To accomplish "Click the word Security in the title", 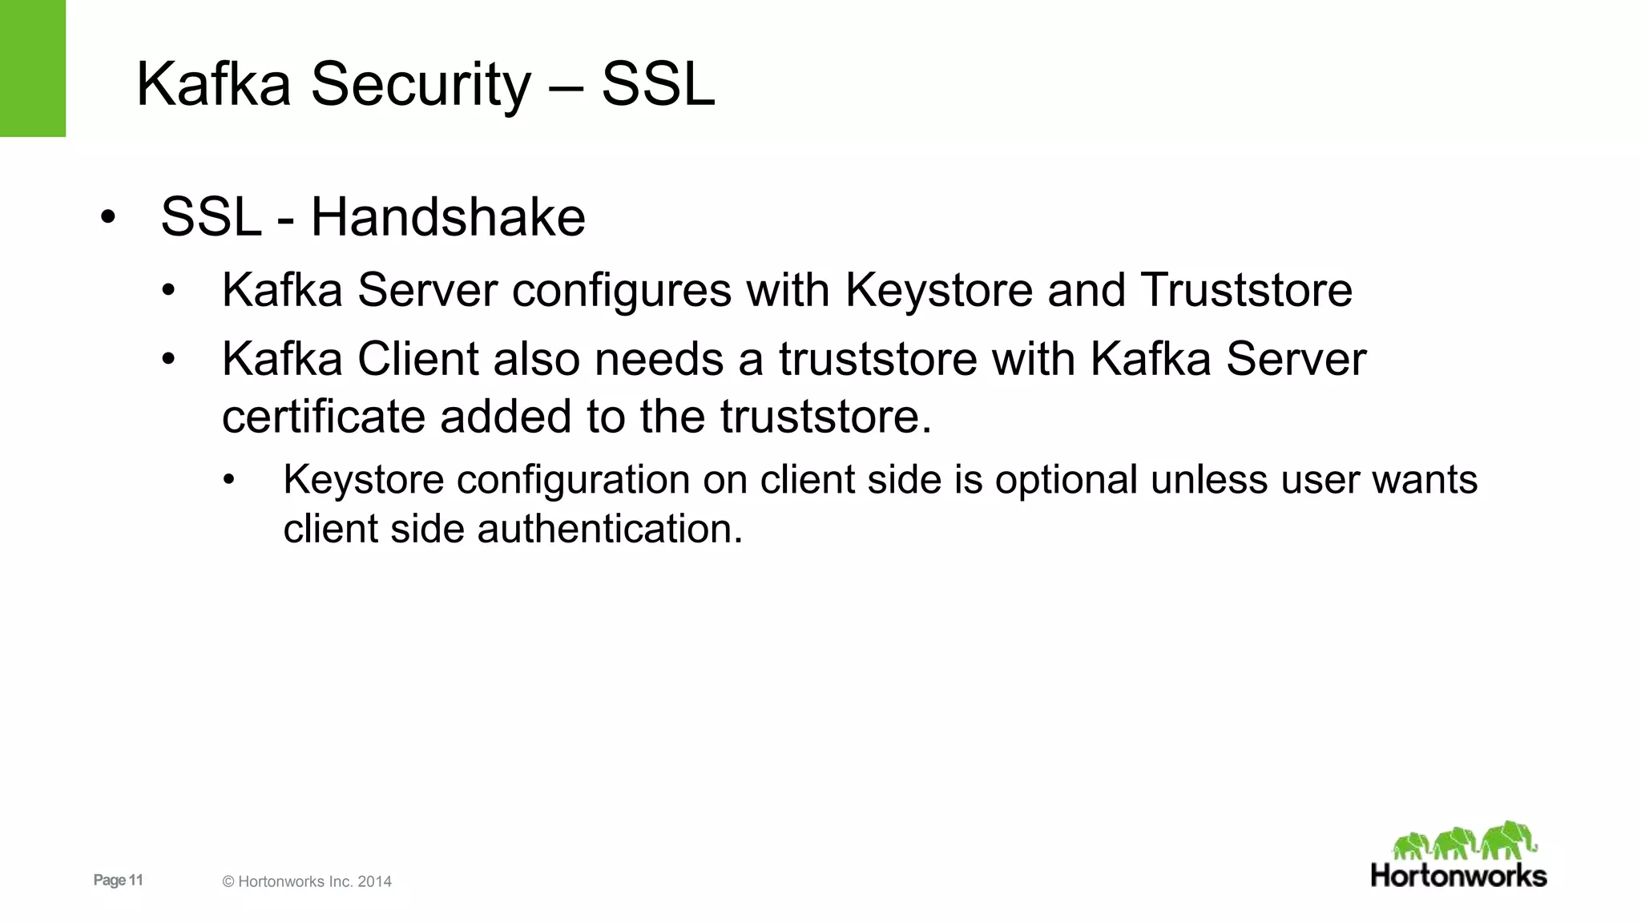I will pyautogui.click(x=421, y=85).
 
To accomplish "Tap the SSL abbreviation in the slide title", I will pyautogui.click(x=658, y=85).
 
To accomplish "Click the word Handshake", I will pyautogui.click(x=448, y=217).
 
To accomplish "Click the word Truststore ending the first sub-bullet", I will pyautogui.click(x=1247, y=290).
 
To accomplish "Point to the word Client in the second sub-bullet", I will pyautogui.click(x=417, y=359).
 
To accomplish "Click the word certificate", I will pyautogui.click(x=323, y=417).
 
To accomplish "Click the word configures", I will pyautogui.click(x=622, y=290).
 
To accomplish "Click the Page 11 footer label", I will pyautogui.click(x=118, y=880).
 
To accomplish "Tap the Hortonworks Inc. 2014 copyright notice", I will pyautogui.click(x=307, y=881).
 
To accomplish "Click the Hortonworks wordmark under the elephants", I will pyautogui.click(x=1458, y=876).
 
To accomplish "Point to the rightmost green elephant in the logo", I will pyautogui.click(x=1508, y=840).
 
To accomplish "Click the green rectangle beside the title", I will pyautogui.click(x=32, y=68).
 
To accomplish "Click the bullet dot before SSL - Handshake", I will pyautogui.click(x=108, y=217).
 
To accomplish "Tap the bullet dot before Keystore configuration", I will pyautogui.click(x=229, y=481).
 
